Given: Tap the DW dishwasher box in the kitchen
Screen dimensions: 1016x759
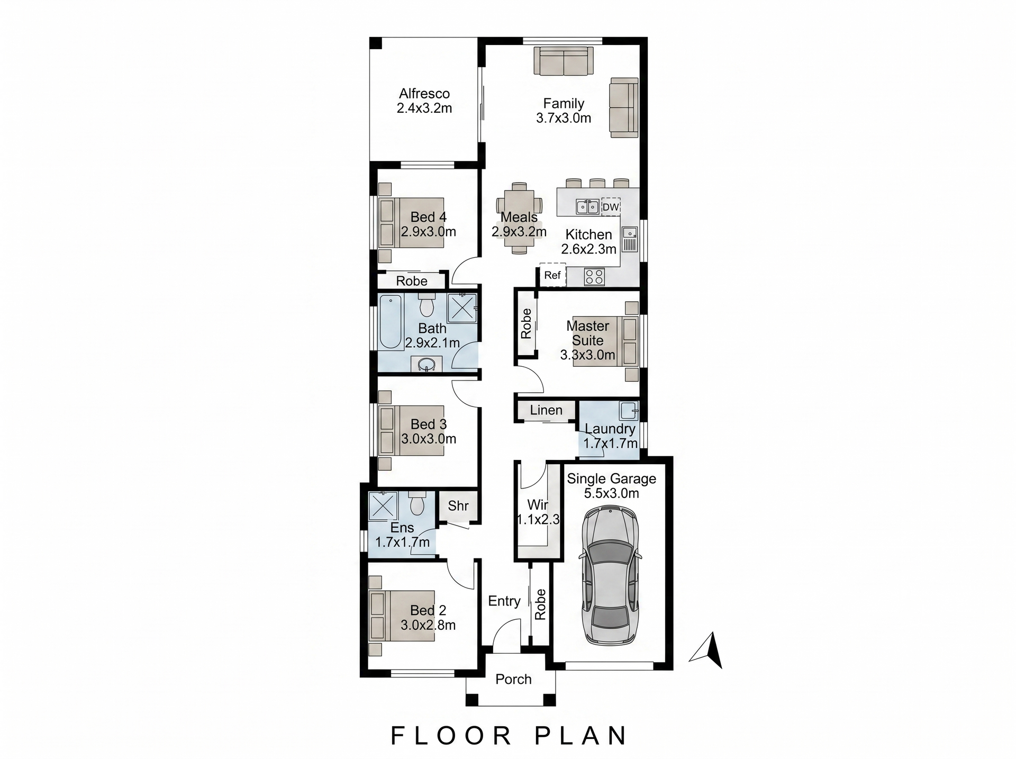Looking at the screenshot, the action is tap(611, 207).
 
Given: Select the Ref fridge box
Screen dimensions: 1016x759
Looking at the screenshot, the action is tap(552, 275).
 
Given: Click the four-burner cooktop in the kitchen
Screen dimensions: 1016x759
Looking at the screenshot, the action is tap(594, 277).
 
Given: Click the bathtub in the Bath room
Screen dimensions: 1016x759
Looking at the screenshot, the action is tap(391, 322).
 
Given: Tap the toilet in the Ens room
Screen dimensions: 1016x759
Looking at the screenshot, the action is tap(418, 503).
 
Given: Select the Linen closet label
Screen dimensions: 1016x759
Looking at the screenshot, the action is tap(546, 410).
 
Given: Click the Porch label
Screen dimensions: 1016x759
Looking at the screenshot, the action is tap(513, 679).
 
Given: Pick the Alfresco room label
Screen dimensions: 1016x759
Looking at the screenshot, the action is tap(424, 94).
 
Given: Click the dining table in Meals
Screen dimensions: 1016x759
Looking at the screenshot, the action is tap(519, 219).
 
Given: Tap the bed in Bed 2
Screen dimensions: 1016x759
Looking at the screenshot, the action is tap(402, 616).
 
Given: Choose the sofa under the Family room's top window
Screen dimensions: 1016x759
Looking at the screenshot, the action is tap(564, 61).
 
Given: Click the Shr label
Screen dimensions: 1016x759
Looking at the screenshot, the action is tap(458, 505).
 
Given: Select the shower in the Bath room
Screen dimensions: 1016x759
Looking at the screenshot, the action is tap(462, 308).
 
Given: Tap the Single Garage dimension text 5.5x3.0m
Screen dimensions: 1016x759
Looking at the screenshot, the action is tap(612, 493).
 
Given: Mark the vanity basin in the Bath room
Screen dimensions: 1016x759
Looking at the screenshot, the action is tap(426, 364).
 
